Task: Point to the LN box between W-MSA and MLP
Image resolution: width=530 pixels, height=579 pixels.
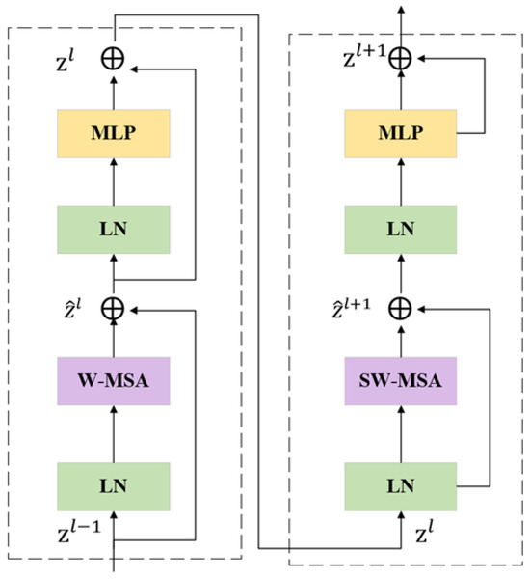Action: (114, 230)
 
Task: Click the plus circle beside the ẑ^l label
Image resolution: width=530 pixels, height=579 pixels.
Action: (114, 309)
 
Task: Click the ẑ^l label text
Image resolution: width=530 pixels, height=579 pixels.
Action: (71, 311)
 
